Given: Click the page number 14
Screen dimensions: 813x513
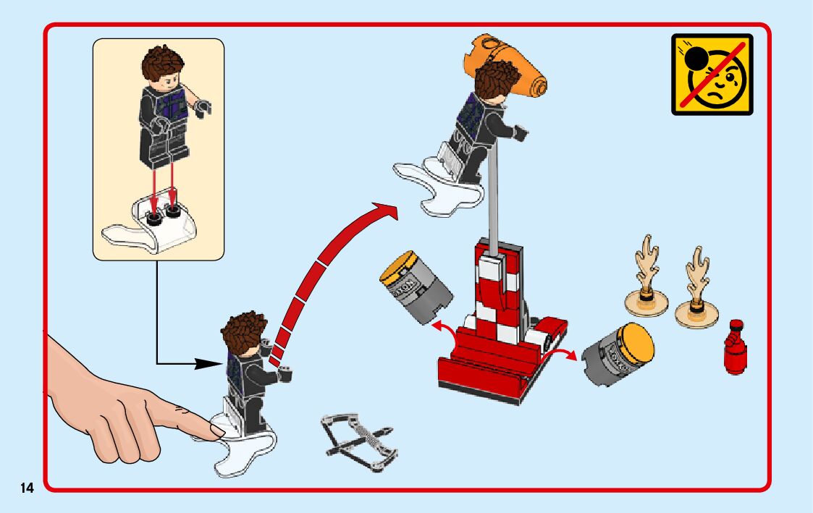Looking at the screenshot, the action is [27, 488].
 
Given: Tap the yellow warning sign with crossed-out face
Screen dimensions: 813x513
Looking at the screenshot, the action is [712, 74].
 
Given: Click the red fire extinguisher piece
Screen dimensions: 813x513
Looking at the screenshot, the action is [736, 347].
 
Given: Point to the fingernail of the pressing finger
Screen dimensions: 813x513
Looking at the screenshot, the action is [217, 431].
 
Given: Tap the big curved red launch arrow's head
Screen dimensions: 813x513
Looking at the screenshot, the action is [384, 211].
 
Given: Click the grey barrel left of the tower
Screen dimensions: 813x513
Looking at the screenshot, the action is [416, 287].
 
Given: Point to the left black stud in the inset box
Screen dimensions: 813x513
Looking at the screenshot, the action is [153, 219].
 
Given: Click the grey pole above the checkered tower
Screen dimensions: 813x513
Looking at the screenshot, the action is [492, 196].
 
